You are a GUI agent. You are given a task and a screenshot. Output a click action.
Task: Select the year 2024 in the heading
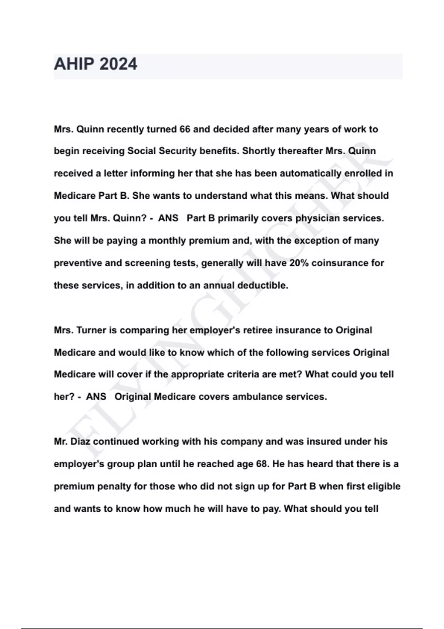coord(118,64)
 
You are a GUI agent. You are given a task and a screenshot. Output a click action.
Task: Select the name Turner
coord(91,330)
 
